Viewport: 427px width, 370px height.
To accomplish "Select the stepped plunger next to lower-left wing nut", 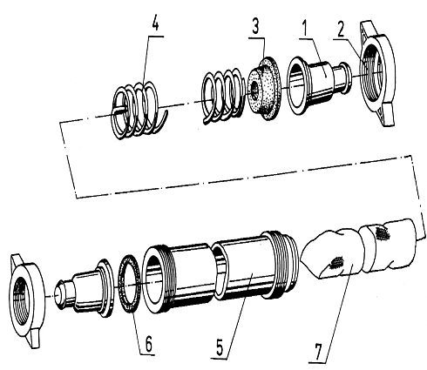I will click(x=83, y=286).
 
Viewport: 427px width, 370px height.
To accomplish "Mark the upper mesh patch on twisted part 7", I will click(x=380, y=233).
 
